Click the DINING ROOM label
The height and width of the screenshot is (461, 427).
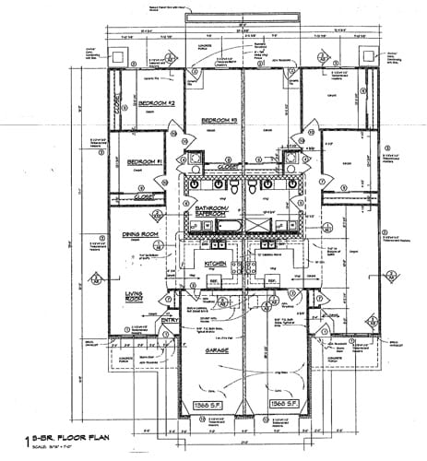[x=143, y=235]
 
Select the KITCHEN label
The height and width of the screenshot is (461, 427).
[x=215, y=263]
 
